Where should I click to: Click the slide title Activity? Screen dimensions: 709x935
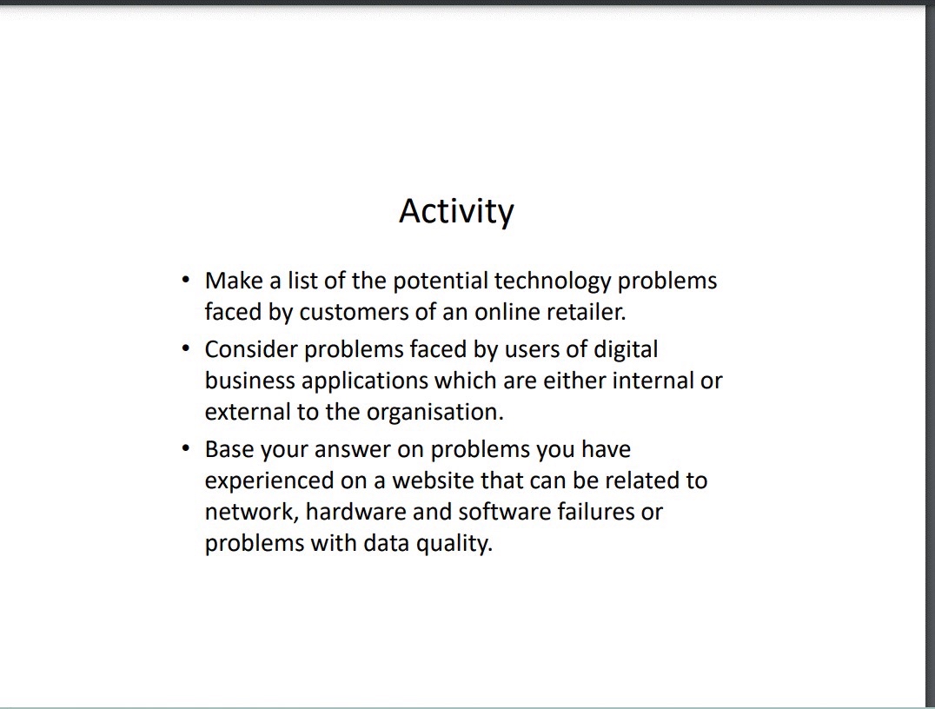pyautogui.click(x=456, y=211)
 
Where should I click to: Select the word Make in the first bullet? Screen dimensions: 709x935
pyautogui.click(x=232, y=281)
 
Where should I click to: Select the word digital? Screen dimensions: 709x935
pyautogui.click(x=626, y=349)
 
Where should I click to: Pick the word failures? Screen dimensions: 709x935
pyautogui.click(x=593, y=512)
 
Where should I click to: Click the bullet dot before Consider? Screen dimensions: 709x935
pyautogui.click(x=185, y=348)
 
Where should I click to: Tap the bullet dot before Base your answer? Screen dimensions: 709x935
pyautogui.click(x=185, y=448)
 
